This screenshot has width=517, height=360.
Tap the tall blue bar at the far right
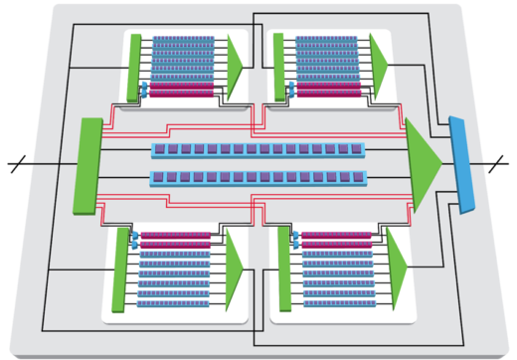[x=460, y=164]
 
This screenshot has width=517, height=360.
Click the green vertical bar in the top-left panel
[x=135, y=66]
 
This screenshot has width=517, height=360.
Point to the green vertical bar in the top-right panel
[x=278, y=66]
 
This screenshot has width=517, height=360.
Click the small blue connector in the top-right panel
[x=289, y=90]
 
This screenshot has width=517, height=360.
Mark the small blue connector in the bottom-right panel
[x=294, y=239]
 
